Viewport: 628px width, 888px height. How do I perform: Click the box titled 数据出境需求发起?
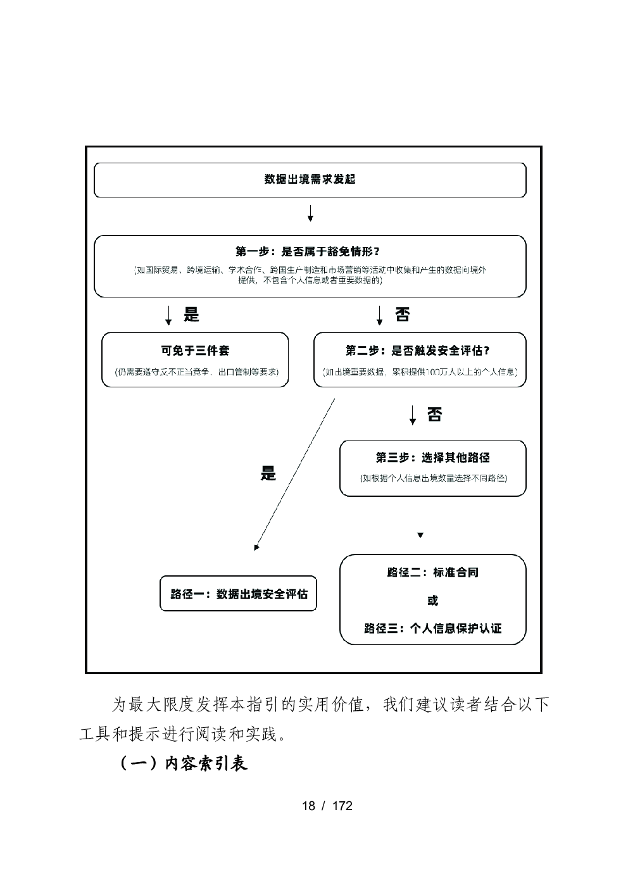click(x=310, y=180)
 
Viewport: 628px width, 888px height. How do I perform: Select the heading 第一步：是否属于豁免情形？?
click(x=310, y=252)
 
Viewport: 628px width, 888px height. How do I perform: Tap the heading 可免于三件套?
click(x=195, y=351)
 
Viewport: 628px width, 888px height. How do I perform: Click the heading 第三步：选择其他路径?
click(x=433, y=458)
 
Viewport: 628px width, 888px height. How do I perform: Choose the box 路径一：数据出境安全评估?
click(x=238, y=594)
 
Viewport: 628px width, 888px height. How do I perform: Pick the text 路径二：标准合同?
click(x=433, y=573)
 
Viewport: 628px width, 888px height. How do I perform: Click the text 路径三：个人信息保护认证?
click(x=433, y=628)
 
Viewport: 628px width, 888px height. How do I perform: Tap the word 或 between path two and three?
click(x=433, y=601)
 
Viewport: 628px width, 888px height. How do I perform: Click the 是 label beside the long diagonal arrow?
click(x=268, y=473)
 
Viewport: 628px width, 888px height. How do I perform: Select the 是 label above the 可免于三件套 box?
click(x=191, y=315)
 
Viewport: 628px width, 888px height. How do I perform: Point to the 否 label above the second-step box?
click(x=402, y=315)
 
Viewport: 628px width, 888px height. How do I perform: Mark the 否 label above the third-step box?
click(x=434, y=415)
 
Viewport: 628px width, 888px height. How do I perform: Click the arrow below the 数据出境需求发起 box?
click(x=310, y=213)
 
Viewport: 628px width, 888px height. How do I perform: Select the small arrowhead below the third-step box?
click(x=420, y=535)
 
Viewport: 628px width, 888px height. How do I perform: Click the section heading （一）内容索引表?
click(x=184, y=763)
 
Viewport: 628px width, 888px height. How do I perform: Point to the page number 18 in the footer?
click(x=308, y=806)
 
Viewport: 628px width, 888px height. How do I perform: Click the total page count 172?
click(x=342, y=806)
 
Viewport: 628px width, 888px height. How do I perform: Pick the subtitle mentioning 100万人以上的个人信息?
click(x=420, y=372)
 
